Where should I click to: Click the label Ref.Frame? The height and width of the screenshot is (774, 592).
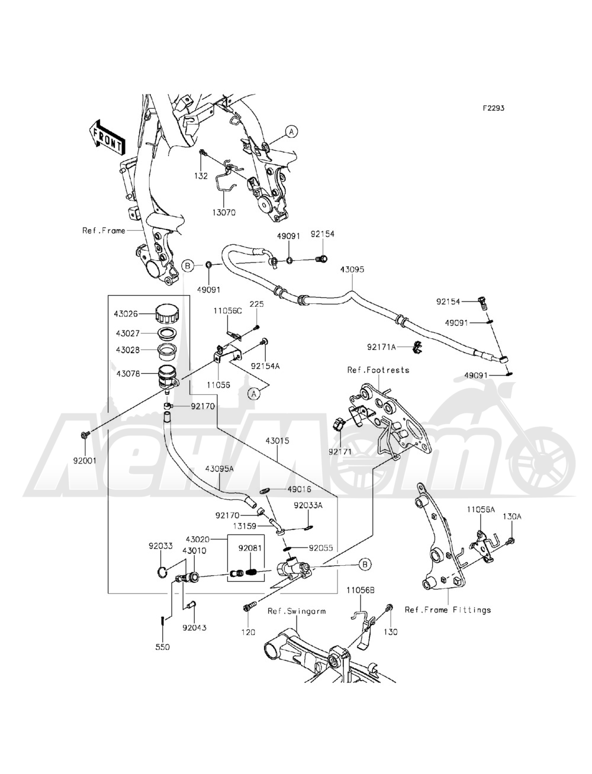point(104,231)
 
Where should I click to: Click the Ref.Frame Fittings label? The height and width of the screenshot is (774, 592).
point(448,610)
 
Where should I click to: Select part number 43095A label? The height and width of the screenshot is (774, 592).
point(219,468)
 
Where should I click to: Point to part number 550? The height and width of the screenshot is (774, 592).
point(162,647)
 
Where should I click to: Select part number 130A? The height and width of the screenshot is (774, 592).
point(512,516)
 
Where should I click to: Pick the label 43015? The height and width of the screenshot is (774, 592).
point(277,441)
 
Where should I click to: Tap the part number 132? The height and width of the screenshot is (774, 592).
point(202,177)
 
